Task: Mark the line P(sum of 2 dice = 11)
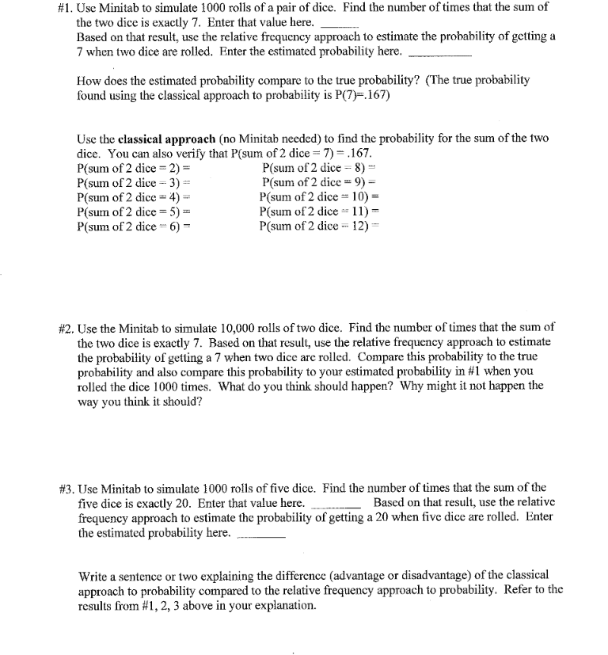(321, 212)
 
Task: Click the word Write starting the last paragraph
(93, 576)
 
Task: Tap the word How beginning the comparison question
(90, 81)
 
